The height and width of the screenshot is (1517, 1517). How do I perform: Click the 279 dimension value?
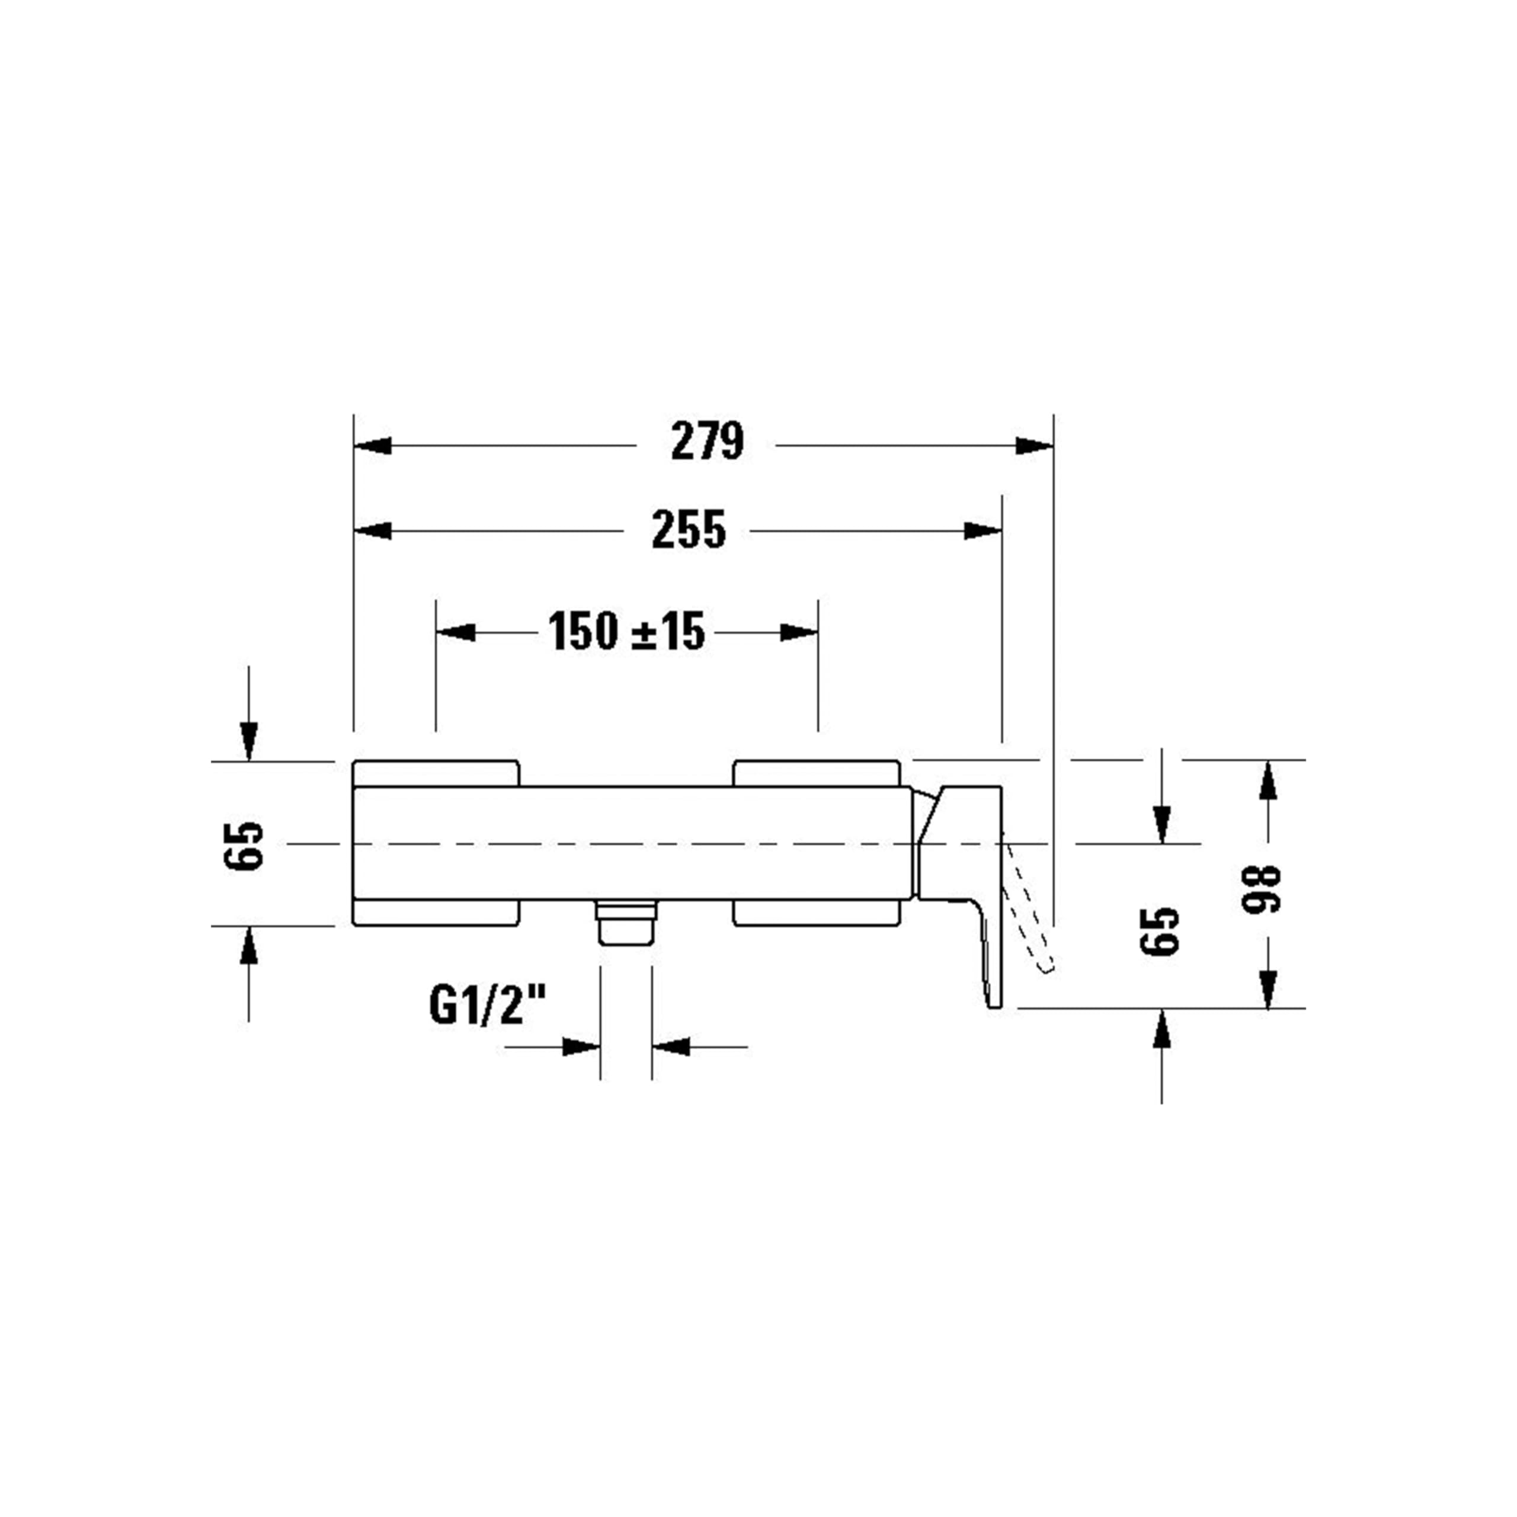(707, 441)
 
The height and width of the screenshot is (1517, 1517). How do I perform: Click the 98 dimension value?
(1261, 888)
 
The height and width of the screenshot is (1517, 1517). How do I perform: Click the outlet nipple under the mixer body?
(626, 923)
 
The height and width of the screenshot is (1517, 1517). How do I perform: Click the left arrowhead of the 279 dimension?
(372, 445)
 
